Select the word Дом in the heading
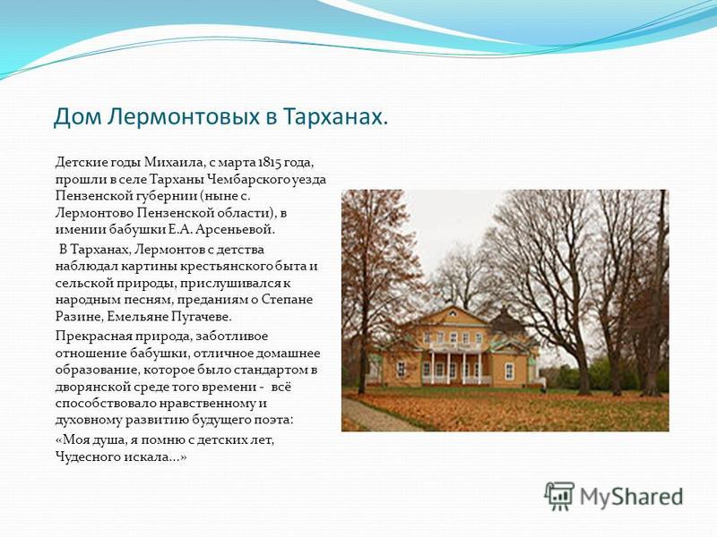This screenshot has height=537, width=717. pyautogui.click(x=77, y=117)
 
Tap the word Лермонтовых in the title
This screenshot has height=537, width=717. pyautogui.click(x=185, y=117)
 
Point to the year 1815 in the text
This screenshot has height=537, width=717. pyautogui.click(x=268, y=162)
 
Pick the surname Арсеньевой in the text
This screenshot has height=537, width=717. pyautogui.click(x=236, y=229)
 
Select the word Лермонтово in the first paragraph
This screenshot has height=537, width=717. pyautogui.click(x=95, y=213)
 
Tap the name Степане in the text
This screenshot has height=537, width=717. pyautogui.click(x=287, y=300)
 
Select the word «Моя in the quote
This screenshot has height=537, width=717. pyautogui.click(x=72, y=440)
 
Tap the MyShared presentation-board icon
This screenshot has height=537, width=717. pyautogui.click(x=558, y=496)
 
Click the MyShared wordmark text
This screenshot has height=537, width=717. pyautogui.click(x=632, y=497)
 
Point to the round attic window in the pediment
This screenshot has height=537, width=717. pyautogui.click(x=453, y=313)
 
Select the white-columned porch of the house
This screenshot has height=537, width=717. pyautogui.click(x=455, y=364)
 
